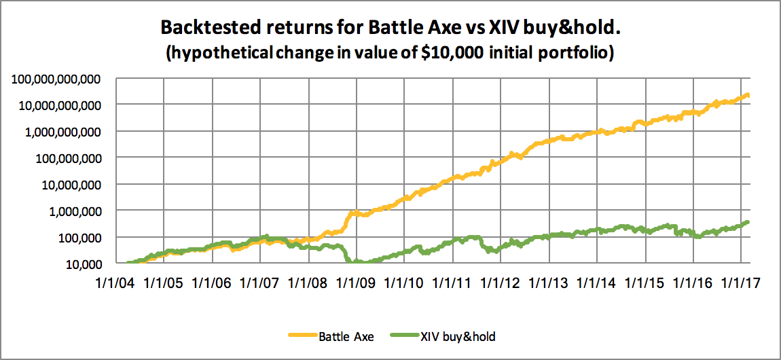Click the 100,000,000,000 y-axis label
pyautogui.click(x=61, y=79)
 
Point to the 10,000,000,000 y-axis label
pyautogui.click(x=65, y=105)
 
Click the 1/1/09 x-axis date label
pyautogui.click(x=357, y=280)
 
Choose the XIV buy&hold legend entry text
pyautogui.click(x=463, y=336)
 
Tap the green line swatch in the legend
pyautogui.click(x=402, y=336)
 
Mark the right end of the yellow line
pyautogui.click(x=748, y=95)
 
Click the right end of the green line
pyautogui.click(x=748, y=221)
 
